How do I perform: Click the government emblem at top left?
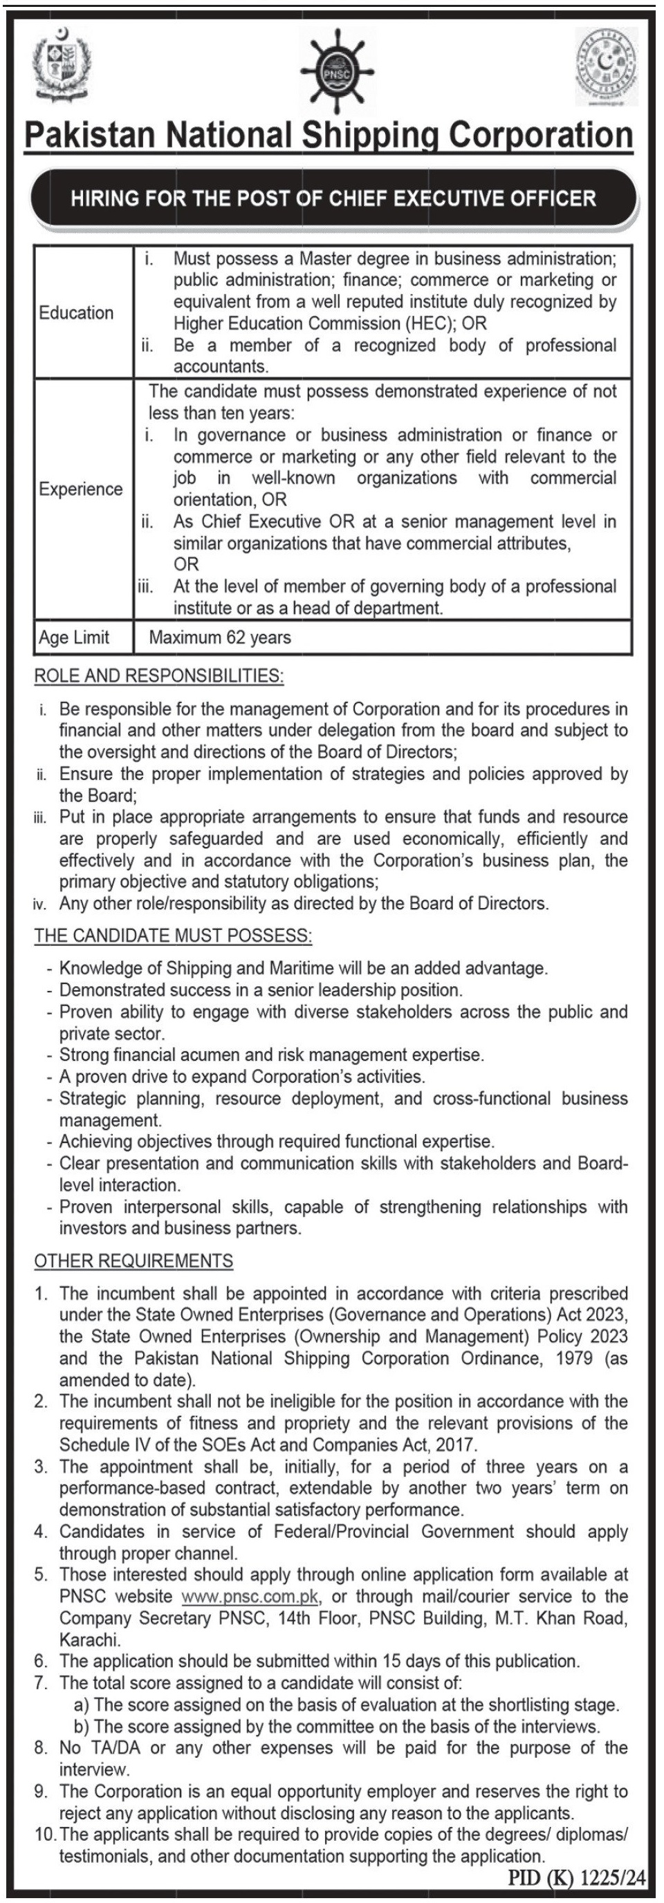coord(62,64)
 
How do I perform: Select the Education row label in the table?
coord(76,313)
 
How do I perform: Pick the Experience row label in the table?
coord(80,489)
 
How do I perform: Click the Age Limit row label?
coord(74,638)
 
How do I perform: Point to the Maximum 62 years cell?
coord(220,638)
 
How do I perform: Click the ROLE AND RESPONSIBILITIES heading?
coord(159,675)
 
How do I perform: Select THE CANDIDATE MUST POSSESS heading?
coord(173,935)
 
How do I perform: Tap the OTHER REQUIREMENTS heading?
coord(133,1261)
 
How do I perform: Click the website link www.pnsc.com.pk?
coord(250,1597)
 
